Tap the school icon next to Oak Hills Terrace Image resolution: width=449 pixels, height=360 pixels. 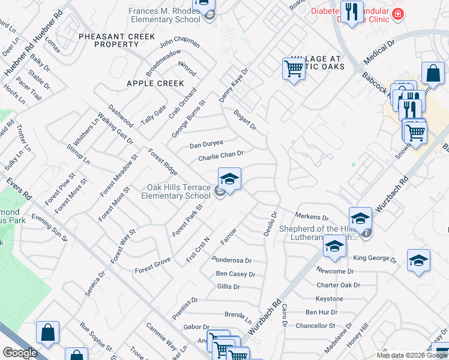(x=229, y=180)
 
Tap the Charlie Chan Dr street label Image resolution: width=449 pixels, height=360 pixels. (x=220, y=156)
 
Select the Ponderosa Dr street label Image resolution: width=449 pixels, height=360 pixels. (x=232, y=261)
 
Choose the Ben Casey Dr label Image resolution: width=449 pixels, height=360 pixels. (x=235, y=274)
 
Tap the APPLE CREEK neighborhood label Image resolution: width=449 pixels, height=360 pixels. (x=155, y=83)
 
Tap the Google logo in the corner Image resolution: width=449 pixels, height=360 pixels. (x=20, y=352)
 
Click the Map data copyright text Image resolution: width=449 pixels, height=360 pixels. (x=412, y=355)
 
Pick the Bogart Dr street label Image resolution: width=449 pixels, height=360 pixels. (x=245, y=119)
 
